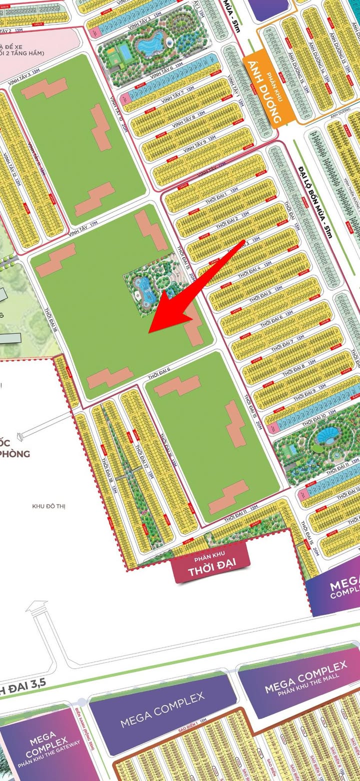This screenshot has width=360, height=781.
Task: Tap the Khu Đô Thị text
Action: coord(48,506)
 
